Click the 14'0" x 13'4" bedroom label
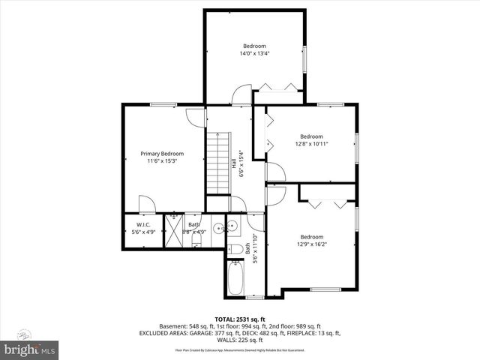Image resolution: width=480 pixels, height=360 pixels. tap(254, 54)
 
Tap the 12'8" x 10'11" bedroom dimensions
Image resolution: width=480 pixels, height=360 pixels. tap(311, 143)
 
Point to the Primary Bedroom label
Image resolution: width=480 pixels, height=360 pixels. tap(162, 154)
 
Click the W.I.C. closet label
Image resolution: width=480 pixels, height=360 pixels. tap(143, 225)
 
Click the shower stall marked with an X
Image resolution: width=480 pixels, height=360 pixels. tap(173, 228)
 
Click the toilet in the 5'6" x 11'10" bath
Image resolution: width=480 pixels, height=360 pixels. tap(235, 250)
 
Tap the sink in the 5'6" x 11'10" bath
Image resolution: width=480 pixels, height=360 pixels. tap(232, 226)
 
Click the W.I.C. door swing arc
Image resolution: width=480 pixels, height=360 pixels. tap(147, 203)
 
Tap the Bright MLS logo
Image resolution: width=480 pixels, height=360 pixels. tap(29, 349)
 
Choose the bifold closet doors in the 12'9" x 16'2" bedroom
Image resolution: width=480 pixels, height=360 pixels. tap(328, 202)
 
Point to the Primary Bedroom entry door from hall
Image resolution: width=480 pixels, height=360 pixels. tap(194, 116)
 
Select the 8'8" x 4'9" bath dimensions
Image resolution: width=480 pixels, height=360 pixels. tap(194, 232)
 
